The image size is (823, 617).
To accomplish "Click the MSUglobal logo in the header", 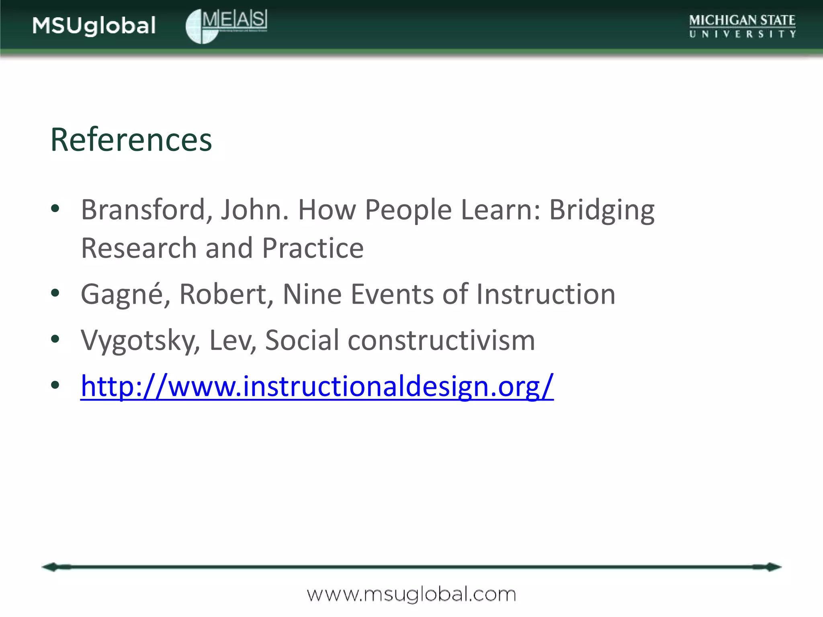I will tap(94, 26).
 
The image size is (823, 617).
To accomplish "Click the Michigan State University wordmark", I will tap(742, 26).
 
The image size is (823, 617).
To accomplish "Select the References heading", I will tap(131, 139).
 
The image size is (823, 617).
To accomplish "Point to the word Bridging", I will tap(602, 210).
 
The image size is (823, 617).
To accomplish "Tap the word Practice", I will tap(313, 248).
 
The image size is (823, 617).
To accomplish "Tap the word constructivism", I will tap(441, 340).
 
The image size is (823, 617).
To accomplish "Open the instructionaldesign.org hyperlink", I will tap(317, 386).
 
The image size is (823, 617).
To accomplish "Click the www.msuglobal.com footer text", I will tap(411, 595).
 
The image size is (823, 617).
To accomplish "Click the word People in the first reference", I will tap(408, 210).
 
